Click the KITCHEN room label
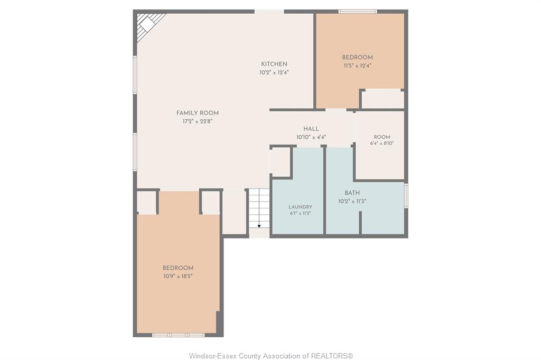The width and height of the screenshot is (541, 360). pyautogui.click(x=274, y=64)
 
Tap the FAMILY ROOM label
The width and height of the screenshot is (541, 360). pyautogui.click(x=198, y=113)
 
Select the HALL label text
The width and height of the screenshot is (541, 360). pyautogui.click(x=311, y=129)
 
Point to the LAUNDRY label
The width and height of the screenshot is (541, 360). pyautogui.click(x=300, y=207)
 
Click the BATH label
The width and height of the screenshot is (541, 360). pyautogui.click(x=352, y=193)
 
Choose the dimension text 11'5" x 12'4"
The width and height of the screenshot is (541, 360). pyautogui.click(x=357, y=66)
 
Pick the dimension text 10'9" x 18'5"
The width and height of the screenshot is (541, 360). pyautogui.click(x=178, y=276)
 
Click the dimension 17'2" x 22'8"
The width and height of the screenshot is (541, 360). pyautogui.click(x=198, y=121)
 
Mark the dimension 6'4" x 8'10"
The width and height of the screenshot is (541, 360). pyautogui.click(x=382, y=144)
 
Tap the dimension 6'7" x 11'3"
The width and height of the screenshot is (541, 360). pyautogui.click(x=300, y=213)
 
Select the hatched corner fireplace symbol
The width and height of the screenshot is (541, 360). pyautogui.click(x=149, y=26)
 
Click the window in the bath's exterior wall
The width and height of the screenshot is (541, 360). pyautogui.click(x=406, y=195)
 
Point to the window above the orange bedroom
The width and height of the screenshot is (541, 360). pyautogui.click(x=358, y=12)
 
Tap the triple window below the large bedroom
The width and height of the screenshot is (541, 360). pyautogui.click(x=179, y=335)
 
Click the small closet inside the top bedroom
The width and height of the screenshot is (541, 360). pyautogui.click(x=383, y=99)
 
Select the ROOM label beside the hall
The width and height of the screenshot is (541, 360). pyautogui.click(x=382, y=137)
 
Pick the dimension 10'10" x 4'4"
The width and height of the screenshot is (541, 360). pyautogui.click(x=311, y=137)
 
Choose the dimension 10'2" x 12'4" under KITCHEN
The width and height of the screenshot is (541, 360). pyautogui.click(x=274, y=73)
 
